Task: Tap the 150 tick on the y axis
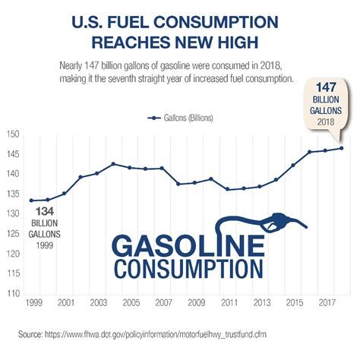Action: point(14,136)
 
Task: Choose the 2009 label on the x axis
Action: point(196,302)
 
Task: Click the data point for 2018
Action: point(341,148)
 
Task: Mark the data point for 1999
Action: point(31,201)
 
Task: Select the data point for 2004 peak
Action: point(113,164)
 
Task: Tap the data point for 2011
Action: point(227,189)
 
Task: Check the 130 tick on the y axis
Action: point(14,215)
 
